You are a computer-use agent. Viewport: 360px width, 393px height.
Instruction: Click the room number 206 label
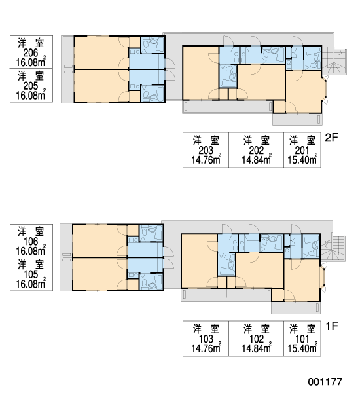click(31, 53)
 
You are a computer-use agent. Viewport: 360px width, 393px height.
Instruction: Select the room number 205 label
click(31, 86)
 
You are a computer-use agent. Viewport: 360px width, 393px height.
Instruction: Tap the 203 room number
click(206, 151)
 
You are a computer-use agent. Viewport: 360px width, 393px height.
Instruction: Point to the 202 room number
click(257, 151)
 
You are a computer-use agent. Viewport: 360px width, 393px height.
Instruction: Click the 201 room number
click(302, 151)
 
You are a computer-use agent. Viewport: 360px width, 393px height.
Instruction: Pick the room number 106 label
click(31, 242)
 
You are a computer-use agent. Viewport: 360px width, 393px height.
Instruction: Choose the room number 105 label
click(31, 274)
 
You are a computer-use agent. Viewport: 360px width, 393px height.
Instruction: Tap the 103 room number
click(206, 339)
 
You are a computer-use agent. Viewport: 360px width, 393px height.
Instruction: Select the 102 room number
click(257, 339)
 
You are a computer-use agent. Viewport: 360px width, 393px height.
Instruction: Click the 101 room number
click(302, 339)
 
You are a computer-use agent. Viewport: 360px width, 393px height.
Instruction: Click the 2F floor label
click(331, 138)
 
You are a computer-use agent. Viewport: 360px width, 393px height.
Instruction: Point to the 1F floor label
click(332, 326)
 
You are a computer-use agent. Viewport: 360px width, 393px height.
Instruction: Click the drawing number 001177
click(325, 382)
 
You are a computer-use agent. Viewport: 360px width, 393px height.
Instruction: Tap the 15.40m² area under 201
click(302, 159)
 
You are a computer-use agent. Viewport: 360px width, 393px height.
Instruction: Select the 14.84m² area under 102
click(257, 348)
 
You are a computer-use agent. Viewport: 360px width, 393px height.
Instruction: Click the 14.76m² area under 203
click(206, 159)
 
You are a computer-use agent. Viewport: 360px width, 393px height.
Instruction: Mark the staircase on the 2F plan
click(334, 62)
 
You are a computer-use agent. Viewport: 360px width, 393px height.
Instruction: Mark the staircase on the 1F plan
click(333, 249)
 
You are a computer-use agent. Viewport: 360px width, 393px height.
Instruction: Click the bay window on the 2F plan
click(325, 90)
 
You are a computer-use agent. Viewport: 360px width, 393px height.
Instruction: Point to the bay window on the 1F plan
click(323, 278)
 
